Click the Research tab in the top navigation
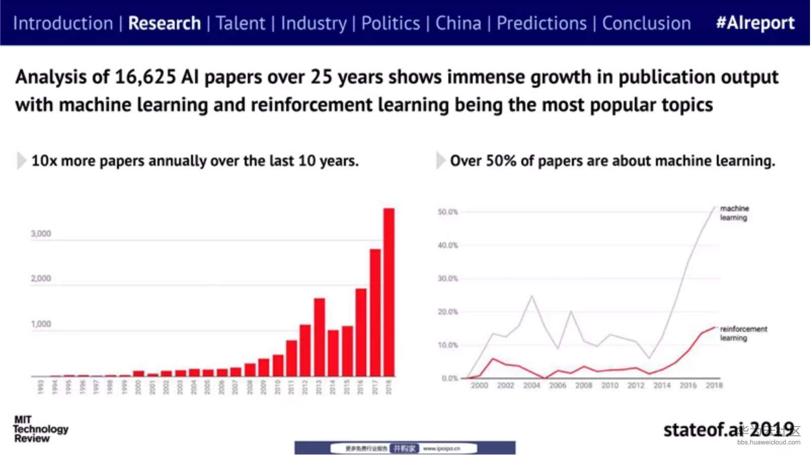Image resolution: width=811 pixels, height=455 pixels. coord(164,23)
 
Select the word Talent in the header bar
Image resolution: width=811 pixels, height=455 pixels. coord(240,23)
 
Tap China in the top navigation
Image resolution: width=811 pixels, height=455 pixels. coord(458,23)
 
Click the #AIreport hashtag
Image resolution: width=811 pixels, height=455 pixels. coord(755,23)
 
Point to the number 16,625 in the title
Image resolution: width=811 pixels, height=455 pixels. coord(145,77)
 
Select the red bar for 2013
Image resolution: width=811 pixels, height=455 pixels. coord(319,337)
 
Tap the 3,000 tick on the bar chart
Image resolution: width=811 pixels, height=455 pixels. coord(41,234)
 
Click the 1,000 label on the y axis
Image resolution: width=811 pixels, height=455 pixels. coord(41,324)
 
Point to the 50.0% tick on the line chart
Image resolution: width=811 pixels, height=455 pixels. coord(448,212)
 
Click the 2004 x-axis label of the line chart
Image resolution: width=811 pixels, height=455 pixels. coord(531,386)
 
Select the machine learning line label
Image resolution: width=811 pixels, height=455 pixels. coord(734,213)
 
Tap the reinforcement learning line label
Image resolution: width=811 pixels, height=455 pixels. coord(743,333)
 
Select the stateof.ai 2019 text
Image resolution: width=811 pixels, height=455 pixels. coord(728,430)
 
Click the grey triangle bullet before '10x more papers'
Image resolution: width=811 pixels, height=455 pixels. coord(21,161)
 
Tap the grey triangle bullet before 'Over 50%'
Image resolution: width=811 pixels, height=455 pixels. coord(440,161)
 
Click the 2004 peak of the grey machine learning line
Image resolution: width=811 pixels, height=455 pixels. coord(531,296)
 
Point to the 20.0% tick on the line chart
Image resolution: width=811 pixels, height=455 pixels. coord(448,312)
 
